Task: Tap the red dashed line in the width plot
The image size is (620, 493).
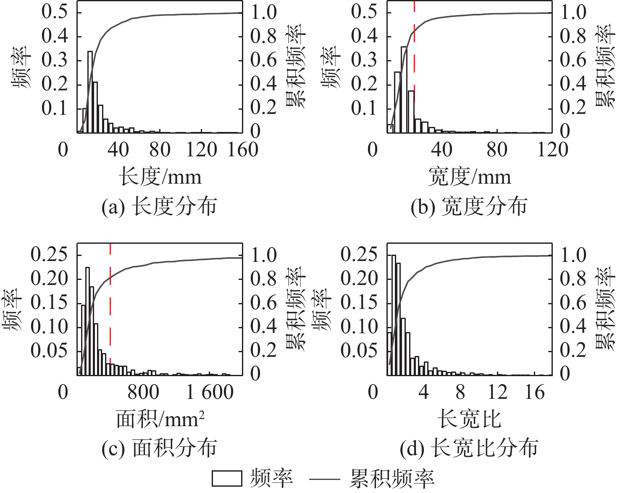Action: point(414,63)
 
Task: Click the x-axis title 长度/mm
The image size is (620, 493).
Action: point(160,177)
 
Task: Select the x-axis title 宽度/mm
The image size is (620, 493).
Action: point(470,177)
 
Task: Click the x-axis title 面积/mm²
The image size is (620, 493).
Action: point(160,419)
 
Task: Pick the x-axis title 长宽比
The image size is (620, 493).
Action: point(470,419)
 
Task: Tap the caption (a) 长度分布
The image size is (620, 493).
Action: point(159,206)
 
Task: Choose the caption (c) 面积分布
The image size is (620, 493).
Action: point(159,448)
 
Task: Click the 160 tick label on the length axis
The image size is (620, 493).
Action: point(242,150)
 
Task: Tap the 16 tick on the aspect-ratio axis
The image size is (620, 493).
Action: point(534,392)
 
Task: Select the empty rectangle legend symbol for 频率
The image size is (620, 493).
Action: point(227,479)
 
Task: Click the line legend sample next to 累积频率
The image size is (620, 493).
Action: point(324,479)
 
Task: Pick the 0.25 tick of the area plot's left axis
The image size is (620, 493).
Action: point(49,255)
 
